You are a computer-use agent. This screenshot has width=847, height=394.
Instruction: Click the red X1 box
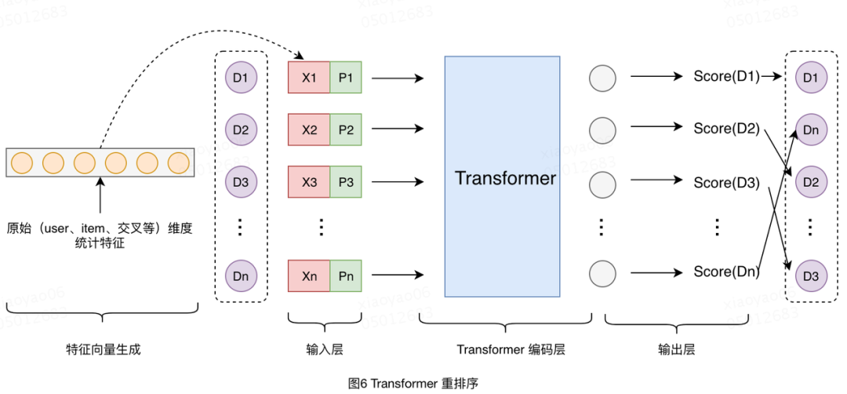click(309, 78)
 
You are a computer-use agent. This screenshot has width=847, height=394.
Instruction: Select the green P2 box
click(345, 130)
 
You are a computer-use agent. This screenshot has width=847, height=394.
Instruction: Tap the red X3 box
click(309, 182)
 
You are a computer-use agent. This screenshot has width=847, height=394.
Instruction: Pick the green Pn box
click(345, 276)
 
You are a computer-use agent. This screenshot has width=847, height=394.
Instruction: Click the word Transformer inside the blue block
click(505, 178)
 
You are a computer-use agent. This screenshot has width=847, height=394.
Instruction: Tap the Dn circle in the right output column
click(810, 130)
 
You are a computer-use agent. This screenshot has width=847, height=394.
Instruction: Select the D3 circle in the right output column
click(810, 276)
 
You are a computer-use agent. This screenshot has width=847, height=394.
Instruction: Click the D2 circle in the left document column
click(240, 130)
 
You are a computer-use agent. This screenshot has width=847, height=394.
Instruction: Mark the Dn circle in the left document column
click(240, 276)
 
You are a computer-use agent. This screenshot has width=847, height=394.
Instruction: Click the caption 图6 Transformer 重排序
click(413, 383)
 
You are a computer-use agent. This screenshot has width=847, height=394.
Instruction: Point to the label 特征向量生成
click(104, 349)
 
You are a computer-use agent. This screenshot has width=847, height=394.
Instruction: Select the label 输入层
click(325, 349)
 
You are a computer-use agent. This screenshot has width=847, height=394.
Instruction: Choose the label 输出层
click(676, 349)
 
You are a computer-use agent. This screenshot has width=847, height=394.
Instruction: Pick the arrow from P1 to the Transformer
click(396, 78)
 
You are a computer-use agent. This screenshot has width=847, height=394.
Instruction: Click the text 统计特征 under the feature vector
click(100, 245)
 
